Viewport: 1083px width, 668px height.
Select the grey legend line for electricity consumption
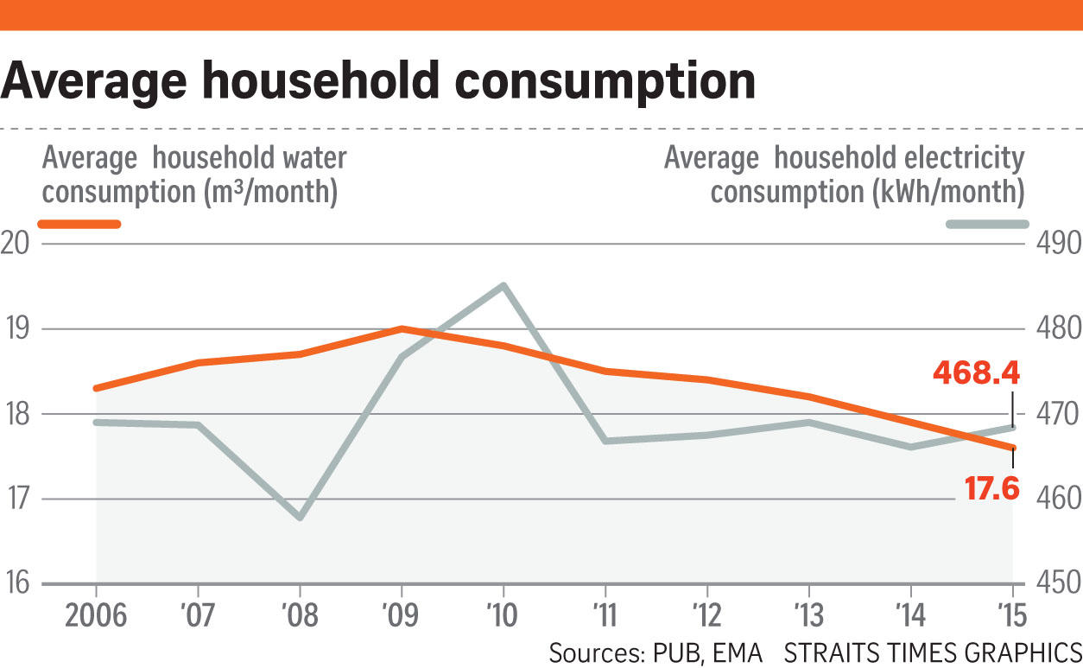(987, 225)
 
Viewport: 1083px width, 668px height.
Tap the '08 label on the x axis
(300, 616)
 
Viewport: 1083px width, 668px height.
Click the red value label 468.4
(976, 373)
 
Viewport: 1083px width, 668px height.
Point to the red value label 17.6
(992, 490)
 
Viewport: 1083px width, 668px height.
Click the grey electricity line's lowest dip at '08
(300, 517)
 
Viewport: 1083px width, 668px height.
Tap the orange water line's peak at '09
(402, 328)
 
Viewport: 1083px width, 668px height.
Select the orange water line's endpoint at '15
(1013, 447)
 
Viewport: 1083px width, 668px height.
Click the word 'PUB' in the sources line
(676, 652)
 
